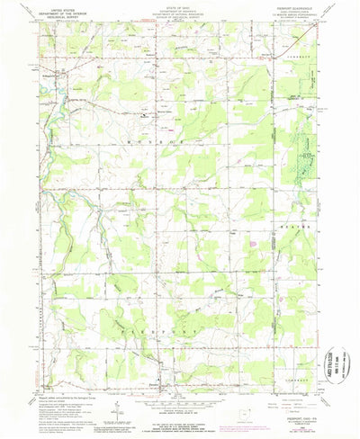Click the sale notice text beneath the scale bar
click(x=180, y=419)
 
